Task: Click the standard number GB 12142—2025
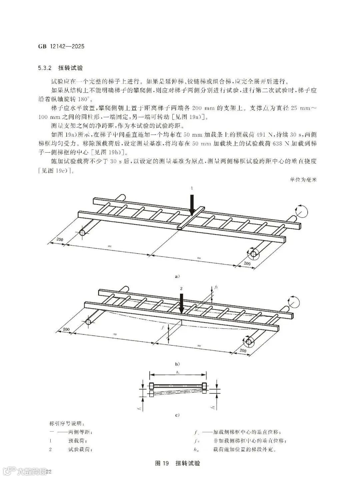click(x=61, y=46)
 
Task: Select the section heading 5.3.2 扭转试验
click(x=60, y=68)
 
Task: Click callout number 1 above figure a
click(x=192, y=188)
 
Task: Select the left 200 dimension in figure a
click(x=60, y=239)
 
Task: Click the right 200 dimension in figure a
click(x=247, y=263)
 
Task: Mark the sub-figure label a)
click(x=177, y=276)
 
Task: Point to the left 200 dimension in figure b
click(x=66, y=329)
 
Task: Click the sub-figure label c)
click(x=177, y=415)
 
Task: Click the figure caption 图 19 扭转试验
click(x=178, y=463)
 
